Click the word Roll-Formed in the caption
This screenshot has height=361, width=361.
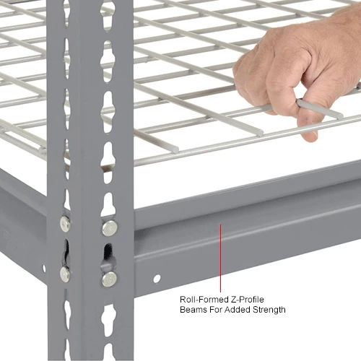click(204, 300)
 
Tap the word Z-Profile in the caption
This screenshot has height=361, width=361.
click(248, 300)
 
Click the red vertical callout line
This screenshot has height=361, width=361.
click(220, 258)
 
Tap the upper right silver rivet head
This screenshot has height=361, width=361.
click(110, 228)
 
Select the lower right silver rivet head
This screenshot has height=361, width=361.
click(110, 279)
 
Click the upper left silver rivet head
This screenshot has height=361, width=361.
click(65, 224)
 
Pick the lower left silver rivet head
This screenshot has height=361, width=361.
click(65, 274)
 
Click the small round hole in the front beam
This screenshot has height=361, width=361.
click(157, 279)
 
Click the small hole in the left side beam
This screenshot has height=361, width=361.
click(44, 268)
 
